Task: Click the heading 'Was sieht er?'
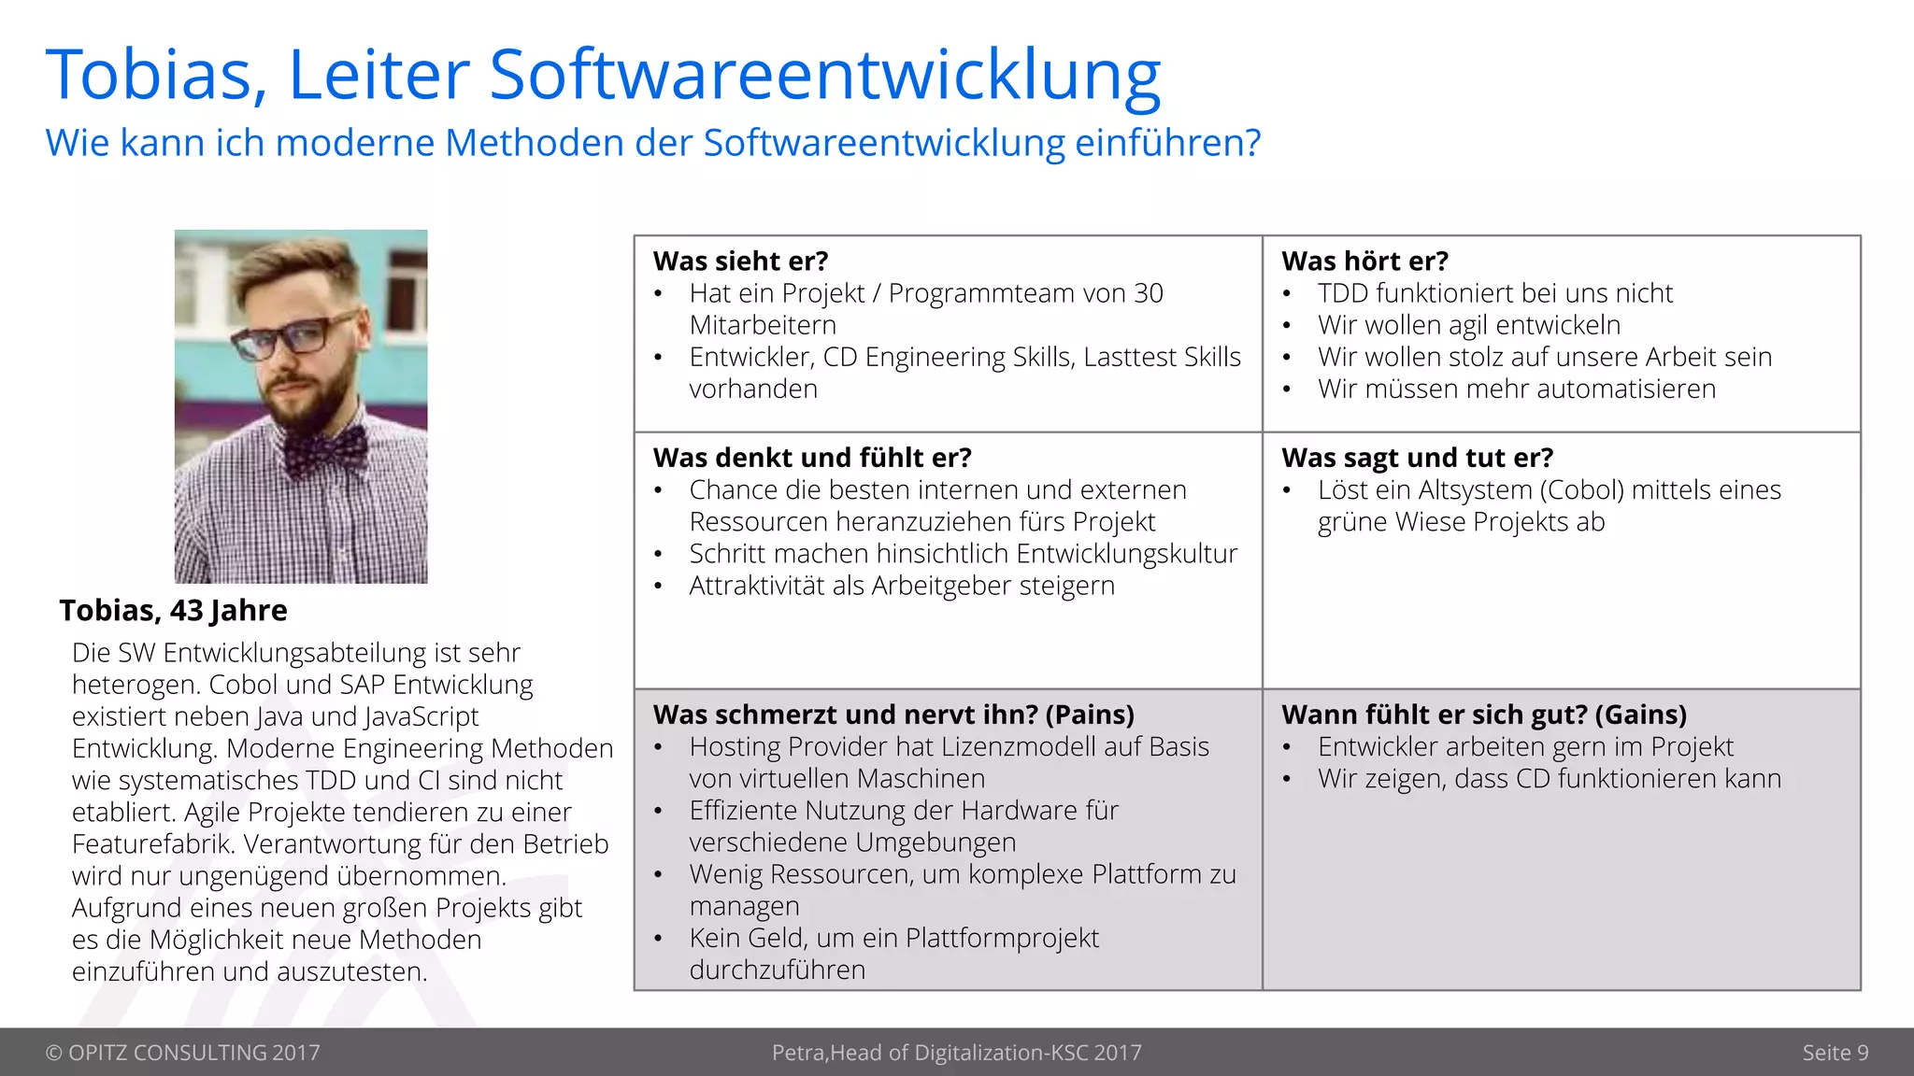pos(740,261)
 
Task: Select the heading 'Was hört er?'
pos(1364,261)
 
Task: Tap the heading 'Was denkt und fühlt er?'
pos(812,458)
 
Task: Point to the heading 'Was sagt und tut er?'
pos(1417,458)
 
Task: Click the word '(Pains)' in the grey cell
pos(1089,715)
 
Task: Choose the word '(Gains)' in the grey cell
pos(1640,715)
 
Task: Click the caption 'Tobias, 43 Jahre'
pos(173,610)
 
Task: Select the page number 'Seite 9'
pos(1835,1053)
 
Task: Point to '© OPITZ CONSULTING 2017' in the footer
pos(182,1053)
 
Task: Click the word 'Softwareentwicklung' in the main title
pos(824,75)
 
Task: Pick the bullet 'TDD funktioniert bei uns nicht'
pos(1494,293)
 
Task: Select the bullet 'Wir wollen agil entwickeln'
pos(1468,325)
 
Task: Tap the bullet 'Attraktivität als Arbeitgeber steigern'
pos(902,586)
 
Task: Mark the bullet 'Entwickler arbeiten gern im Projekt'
pos(1525,747)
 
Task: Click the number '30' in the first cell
pos(1148,293)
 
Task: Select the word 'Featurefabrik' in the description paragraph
pos(153,844)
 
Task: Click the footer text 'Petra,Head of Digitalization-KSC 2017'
pos(956,1053)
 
